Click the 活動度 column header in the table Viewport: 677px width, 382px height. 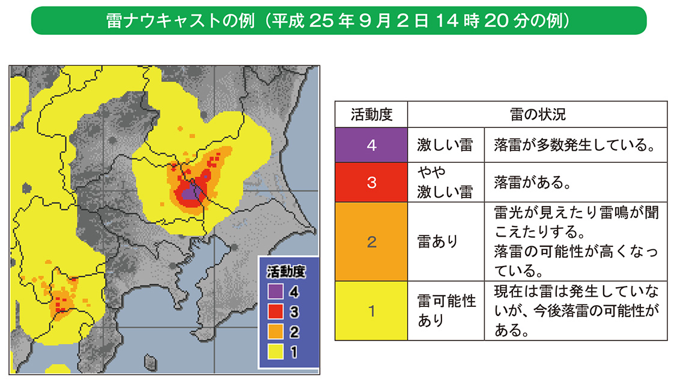point(371,114)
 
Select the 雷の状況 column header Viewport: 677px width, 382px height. point(538,114)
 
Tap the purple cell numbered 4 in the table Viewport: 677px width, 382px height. point(371,145)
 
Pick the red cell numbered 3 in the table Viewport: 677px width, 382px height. point(371,182)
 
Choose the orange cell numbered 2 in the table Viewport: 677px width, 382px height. point(371,241)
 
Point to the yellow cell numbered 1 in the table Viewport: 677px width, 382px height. point(371,311)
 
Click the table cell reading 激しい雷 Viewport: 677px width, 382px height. point(445,145)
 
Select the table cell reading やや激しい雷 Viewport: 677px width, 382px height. point(445,182)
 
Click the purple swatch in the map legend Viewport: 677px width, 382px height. point(275,292)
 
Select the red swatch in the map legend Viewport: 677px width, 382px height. point(275,311)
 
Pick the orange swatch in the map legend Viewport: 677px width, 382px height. point(275,331)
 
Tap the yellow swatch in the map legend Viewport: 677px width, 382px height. point(275,351)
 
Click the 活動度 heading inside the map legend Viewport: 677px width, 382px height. point(286,271)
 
